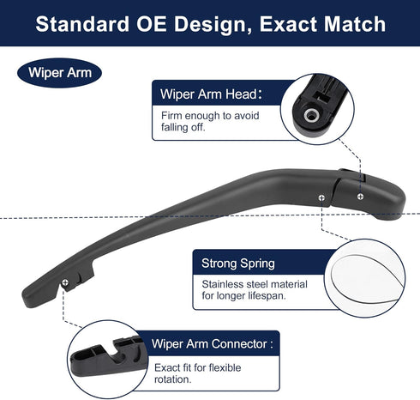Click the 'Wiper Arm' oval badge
click(x=59, y=73)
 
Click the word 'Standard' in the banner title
click(x=82, y=24)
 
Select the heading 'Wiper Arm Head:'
click(x=211, y=94)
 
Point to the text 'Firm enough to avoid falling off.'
click(x=210, y=121)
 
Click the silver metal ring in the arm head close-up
click(x=311, y=115)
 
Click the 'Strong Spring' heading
click(x=238, y=264)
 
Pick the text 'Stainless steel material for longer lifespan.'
click(x=255, y=290)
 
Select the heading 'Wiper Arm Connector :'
click(x=213, y=343)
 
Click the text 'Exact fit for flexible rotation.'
click(x=197, y=373)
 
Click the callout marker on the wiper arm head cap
click(x=361, y=197)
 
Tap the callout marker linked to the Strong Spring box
click(x=321, y=197)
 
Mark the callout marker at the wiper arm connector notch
click(x=65, y=282)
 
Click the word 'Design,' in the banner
click(x=213, y=25)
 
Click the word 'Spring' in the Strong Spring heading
click(x=257, y=264)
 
